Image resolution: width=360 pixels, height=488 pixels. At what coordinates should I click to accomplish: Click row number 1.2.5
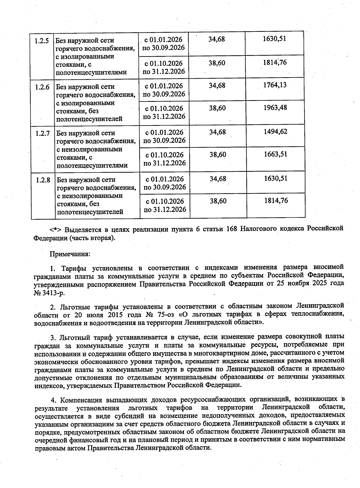click(42, 41)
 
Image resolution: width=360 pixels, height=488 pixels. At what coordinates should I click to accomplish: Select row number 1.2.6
click(42, 87)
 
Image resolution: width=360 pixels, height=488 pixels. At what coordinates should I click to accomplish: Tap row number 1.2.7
click(43, 133)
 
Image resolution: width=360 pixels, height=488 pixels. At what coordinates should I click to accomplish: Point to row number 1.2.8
click(43, 180)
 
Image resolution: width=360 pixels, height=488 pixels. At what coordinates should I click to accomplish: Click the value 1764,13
click(275, 85)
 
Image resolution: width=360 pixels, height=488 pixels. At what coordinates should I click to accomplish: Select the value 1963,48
click(275, 108)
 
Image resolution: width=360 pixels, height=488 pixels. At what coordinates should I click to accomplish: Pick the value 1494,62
click(275, 132)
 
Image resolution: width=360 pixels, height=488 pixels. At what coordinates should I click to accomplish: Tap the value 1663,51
click(275, 154)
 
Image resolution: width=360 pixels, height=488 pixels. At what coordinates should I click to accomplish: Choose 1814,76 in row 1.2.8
click(276, 201)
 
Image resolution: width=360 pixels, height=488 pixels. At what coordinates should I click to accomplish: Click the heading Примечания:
click(70, 254)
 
